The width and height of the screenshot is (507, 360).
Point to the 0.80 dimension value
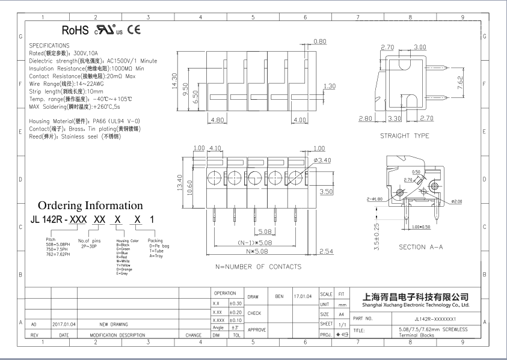coord(320,41)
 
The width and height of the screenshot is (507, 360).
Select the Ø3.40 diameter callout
coord(322,160)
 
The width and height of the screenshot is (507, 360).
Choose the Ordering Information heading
coord(90,206)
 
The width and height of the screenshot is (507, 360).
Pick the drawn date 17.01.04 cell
coord(302,296)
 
